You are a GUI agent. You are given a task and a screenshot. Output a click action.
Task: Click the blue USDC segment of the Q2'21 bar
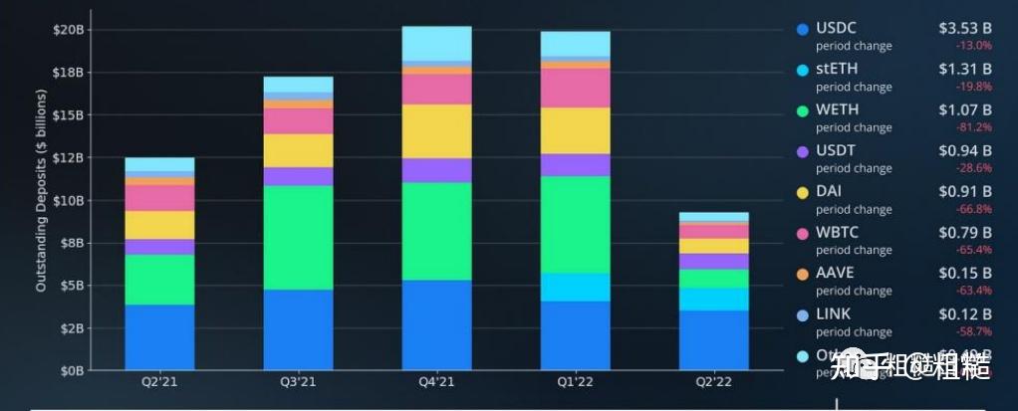(159, 337)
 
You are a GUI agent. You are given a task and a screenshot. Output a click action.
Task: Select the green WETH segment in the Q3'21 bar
(298, 237)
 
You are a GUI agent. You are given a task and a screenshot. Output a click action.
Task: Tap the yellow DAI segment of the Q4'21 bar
(436, 130)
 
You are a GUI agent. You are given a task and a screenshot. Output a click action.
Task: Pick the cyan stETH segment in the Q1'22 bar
(575, 287)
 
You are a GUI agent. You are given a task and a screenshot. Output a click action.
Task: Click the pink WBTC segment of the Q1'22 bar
(575, 88)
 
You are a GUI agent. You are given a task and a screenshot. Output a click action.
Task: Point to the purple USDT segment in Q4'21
(436, 170)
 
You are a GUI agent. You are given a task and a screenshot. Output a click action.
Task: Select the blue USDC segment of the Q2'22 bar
(713, 340)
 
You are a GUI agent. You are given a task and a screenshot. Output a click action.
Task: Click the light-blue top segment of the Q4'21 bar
(436, 44)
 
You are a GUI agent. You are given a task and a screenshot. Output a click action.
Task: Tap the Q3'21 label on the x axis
(298, 381)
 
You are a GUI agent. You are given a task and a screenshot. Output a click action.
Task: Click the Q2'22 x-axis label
(713, 381)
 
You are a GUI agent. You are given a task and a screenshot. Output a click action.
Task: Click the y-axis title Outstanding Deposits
(42, 200)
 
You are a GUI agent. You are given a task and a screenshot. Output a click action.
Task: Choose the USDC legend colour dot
(802, 29)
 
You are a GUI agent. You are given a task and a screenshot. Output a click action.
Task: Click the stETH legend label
(837, 69)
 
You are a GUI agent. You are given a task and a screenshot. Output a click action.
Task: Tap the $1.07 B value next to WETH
(964, 109)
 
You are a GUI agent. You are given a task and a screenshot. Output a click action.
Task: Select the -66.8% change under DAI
(973, 209)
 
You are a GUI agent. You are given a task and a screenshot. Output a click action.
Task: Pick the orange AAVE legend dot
(802, 273)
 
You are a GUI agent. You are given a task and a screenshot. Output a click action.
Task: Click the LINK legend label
(834, 313)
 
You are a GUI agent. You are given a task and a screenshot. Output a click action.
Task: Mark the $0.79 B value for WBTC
(964, 232)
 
